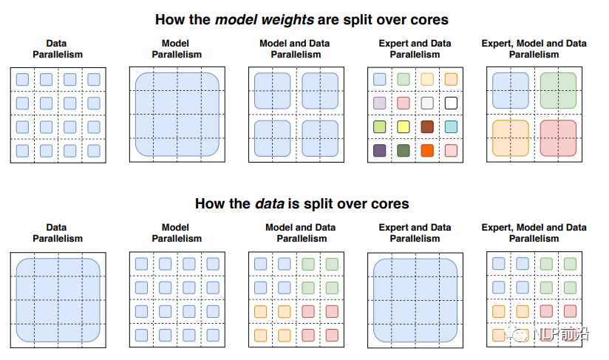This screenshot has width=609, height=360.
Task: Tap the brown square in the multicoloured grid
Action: pyautogui.click(x=426, y=127)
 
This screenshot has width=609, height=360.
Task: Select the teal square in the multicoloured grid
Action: pyautogui.click(x=451, y=127)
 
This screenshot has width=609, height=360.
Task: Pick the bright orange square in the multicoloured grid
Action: pyautogui.click(x=426, y=151)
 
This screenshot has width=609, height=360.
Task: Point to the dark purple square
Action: pyautogui.click(x=380, y=151)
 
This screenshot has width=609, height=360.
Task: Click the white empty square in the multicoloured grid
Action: pyautogui.click(x=451, y=103)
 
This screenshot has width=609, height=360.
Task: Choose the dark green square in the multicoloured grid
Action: pyautogui.click(x=403, y=151)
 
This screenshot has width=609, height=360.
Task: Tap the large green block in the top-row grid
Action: pyautogui.click(x=558, y=90)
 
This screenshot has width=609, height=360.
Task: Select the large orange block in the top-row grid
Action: pyautogui.click(x=511, y=138)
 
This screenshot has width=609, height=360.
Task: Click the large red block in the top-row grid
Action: pyautogui.click(x=558, y=138)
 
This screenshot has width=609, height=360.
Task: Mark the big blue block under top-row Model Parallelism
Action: pyautogui.click(x=177, y=114)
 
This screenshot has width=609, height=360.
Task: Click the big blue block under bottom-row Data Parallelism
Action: pyautogui.click(x=58, y=298)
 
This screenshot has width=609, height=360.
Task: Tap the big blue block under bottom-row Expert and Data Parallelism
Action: pyautogui.click(x=415, y=298)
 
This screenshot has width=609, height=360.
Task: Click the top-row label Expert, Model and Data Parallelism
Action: pyautogui.click(x=534, y=49)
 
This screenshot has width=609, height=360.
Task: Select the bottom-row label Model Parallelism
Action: pyautogui.click(x=177, y=233)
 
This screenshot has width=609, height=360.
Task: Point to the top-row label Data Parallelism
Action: pyautogui.click(x=58, y=49)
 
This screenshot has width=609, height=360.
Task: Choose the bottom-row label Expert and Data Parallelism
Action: pyautogui.click(x=415, y=233)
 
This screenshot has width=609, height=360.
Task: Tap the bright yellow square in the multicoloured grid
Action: pyautogui.click(x=403, y=127)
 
